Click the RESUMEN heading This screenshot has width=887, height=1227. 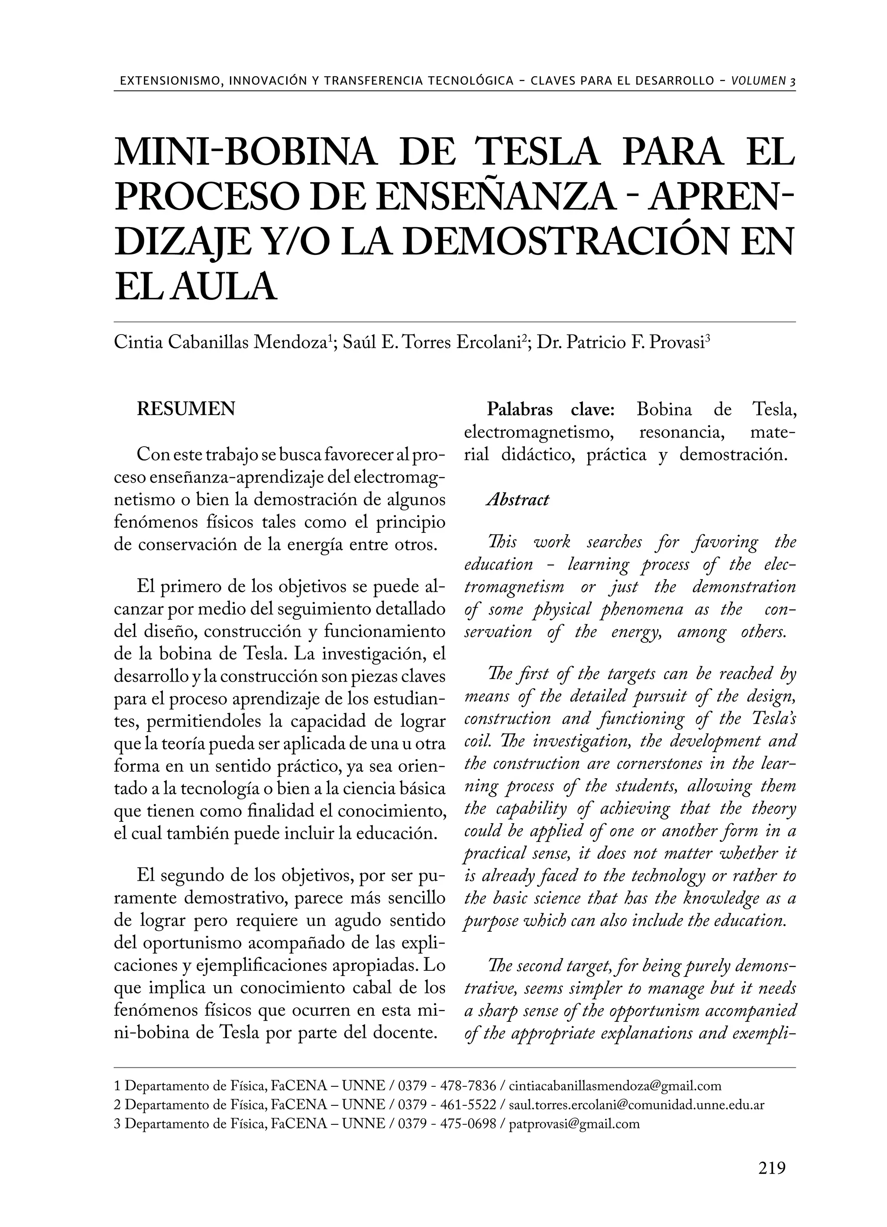(x=186, y=409)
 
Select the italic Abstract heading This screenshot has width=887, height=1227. (x=518, y=500)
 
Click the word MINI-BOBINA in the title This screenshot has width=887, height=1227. (x=245, y=153)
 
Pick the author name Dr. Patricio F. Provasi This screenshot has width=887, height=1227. (x=623, y=343)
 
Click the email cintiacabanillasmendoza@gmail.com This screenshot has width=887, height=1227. (x=615, y=1086)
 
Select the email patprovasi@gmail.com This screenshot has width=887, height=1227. (x=574, y=1124)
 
